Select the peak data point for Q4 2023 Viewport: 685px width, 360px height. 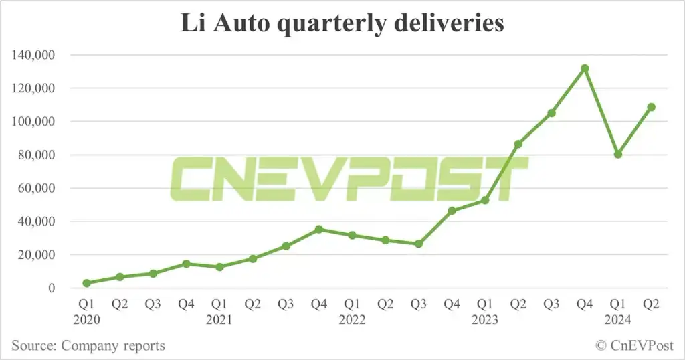(585, 68)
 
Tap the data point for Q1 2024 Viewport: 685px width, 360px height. (618, 154)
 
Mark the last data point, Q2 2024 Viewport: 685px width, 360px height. (651, 107)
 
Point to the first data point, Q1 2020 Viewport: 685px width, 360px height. (86, 283)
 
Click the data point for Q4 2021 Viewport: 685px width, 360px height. (319, 229)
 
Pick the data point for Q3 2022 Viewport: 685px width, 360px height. (419, 244)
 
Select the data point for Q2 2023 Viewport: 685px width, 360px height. (518, 144)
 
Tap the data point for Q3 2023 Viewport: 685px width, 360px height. (551, 113)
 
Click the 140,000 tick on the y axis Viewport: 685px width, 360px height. (33, 55)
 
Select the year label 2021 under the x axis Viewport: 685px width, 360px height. (219, 319)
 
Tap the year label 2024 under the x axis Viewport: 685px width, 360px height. (618, 319)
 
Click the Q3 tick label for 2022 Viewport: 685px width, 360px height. (419, 304)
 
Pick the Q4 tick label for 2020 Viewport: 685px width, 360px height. (186, 304)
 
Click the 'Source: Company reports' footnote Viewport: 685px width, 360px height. (88, 345)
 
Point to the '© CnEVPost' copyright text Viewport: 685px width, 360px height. (633, 345)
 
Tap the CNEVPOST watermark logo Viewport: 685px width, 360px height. (348, 179)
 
